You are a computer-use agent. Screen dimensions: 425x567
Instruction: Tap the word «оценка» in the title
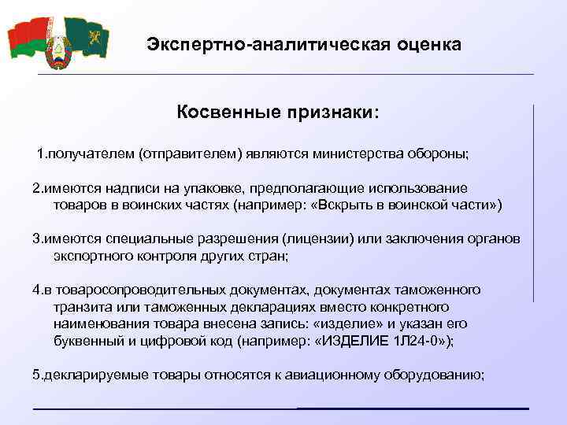coord(430,43)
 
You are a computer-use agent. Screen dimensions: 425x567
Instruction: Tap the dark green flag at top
coord(87,36)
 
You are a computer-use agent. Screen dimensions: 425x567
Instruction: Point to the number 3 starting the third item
coord(35,238)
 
